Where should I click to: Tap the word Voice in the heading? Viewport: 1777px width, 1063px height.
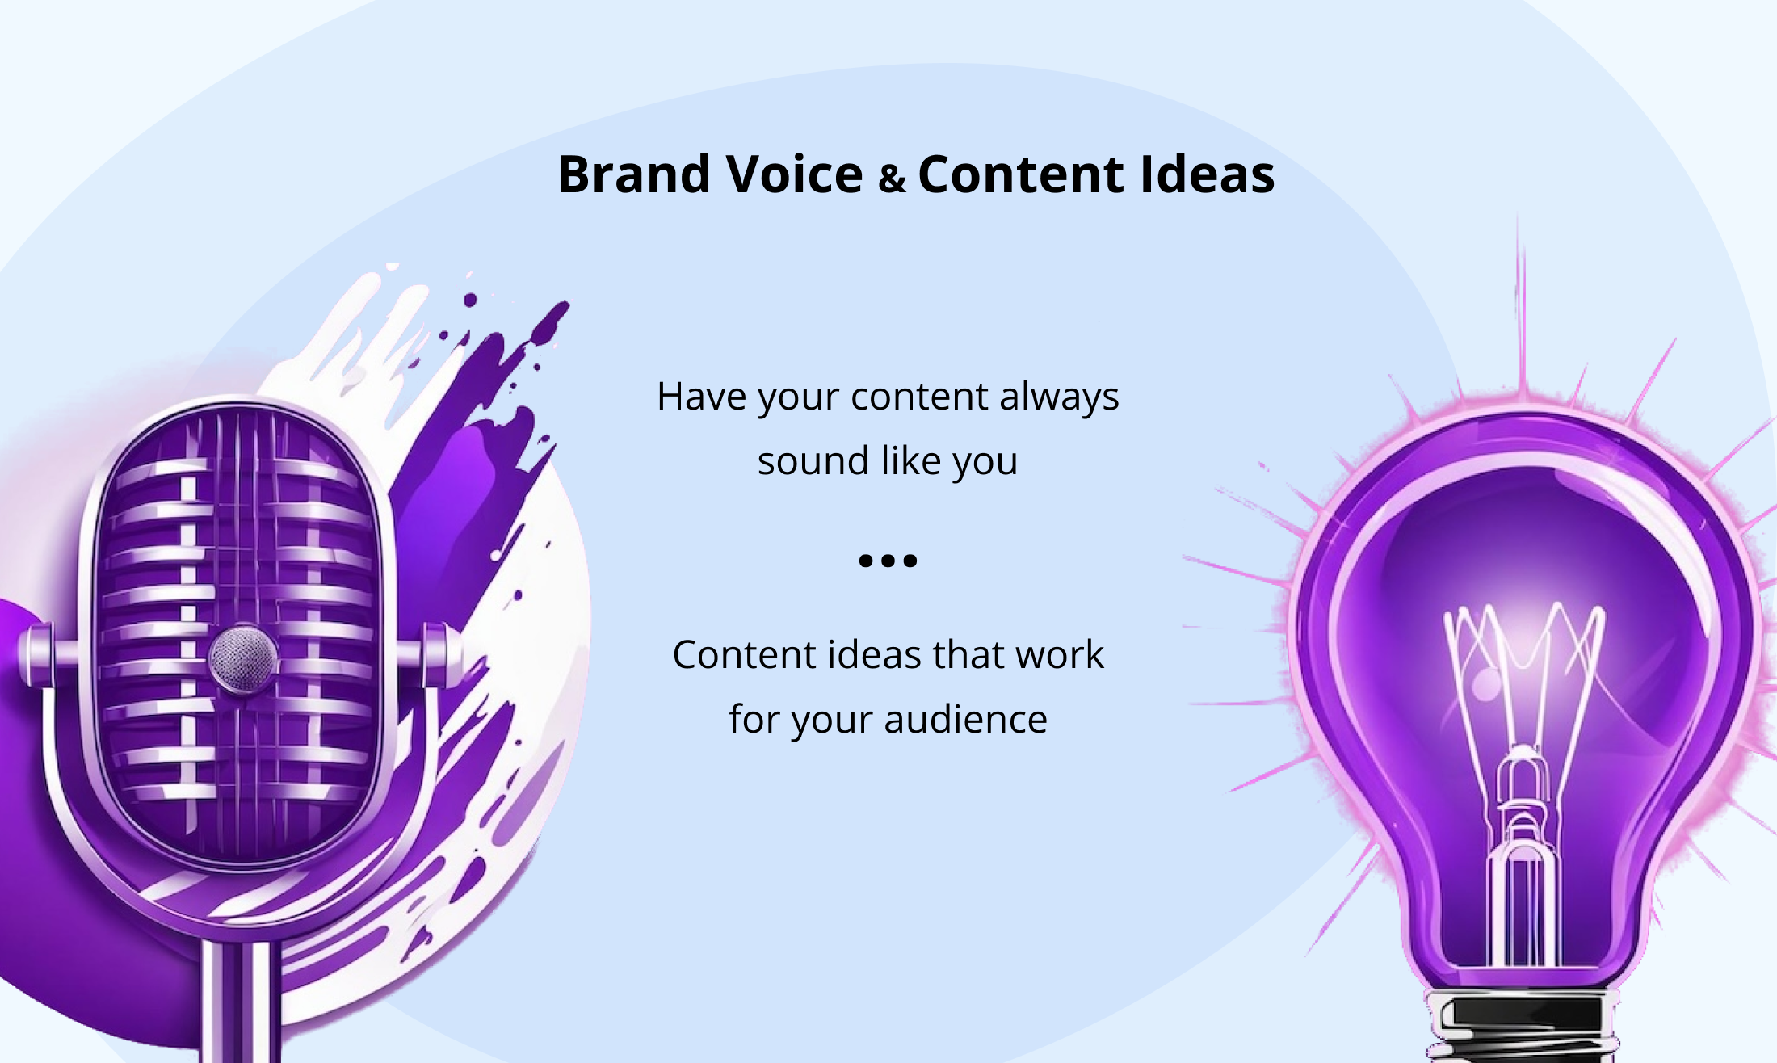tap(795, 174)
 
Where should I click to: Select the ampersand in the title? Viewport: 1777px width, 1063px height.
tap(891, 179)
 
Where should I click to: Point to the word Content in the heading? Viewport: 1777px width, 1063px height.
tap(1021, 174)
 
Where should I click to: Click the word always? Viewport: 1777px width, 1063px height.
tap(1059, 397)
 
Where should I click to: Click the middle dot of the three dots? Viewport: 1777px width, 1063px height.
tap(888, 561)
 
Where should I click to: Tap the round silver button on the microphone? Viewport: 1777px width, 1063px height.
tap(243, 658)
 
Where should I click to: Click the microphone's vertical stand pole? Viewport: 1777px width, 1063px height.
tap(240, 1002)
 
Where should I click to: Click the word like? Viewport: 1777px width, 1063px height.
tap(911, 461)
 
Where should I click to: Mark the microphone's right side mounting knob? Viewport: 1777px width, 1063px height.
tap(440, 655)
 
